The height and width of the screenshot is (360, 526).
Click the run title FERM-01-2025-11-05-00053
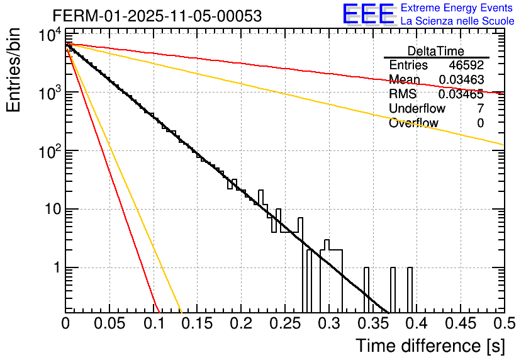(x=157, y=16)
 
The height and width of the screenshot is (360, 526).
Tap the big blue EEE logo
(x=368, y=14)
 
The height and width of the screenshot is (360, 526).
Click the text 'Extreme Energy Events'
(x=457, y=8)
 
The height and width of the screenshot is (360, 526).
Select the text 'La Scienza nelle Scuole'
(x=457, y=21)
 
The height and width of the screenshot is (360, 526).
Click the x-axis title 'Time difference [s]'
(x=430, y=346)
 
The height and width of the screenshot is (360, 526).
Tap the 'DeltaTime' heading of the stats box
(x=436, y=51)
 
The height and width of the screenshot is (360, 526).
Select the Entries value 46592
(x=466, y=65)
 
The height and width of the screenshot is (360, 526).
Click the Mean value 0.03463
(x=461, y=80)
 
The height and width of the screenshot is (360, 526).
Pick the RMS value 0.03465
(x=461, y=94)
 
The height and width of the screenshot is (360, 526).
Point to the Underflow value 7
(x=481, y=109)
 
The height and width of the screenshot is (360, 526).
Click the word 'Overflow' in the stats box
(x=413, y=123)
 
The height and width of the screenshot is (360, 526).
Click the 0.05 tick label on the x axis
(x=109, y=323)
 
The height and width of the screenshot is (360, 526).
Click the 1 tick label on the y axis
(x=57, y=268)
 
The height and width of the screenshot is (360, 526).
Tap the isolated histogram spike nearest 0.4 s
(x=410, y=290)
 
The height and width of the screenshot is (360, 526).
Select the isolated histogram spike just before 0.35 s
(x=366, y=290)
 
